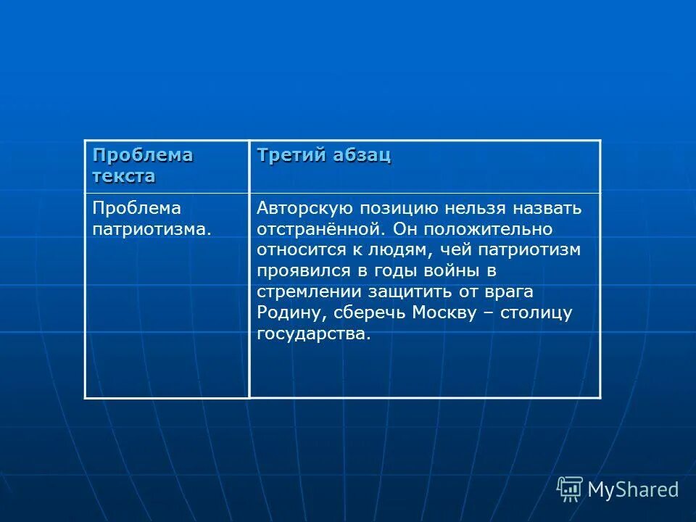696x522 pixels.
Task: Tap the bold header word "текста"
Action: pyautogui.click(x=123, y=176)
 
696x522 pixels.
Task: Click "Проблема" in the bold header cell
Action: pyautogui.click(x=143, y=156)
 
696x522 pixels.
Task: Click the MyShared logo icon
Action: pyautogui.click(x=570, y=489)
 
